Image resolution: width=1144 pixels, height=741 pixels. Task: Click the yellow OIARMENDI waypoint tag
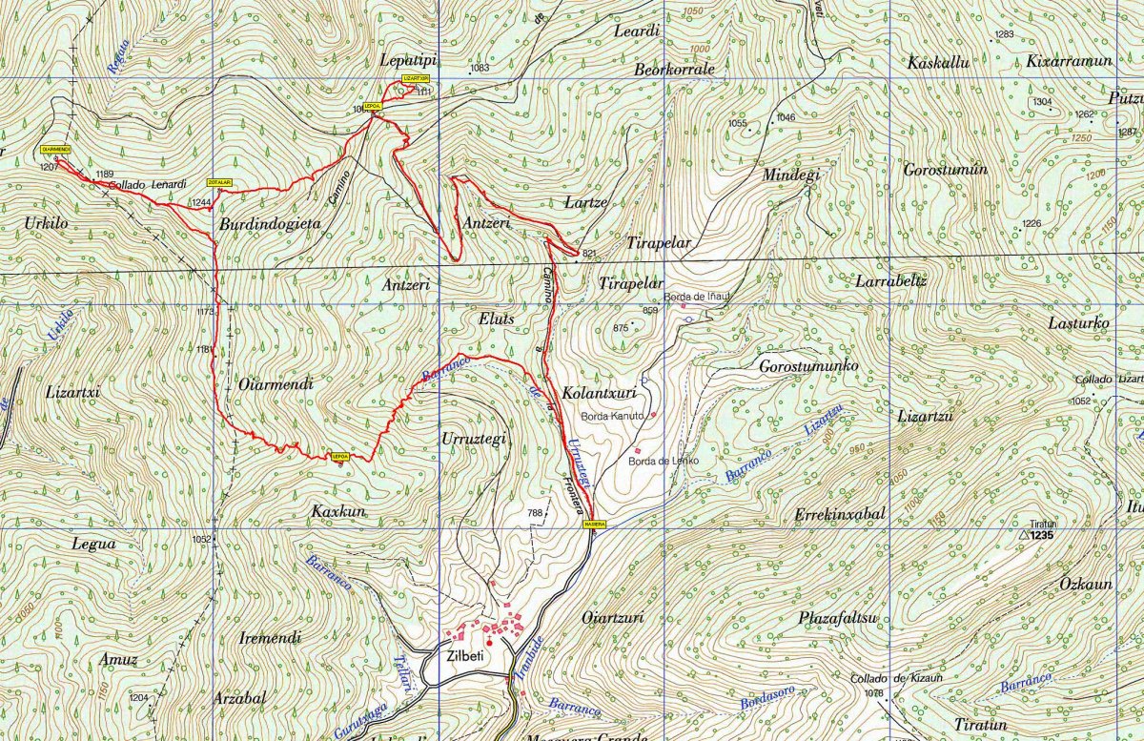coord(56,149)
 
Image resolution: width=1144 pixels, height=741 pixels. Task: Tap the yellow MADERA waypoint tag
coord(592,523)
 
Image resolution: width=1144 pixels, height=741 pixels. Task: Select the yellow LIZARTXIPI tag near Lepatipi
coord(416,77)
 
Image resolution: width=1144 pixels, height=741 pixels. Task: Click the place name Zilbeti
coord(466,656)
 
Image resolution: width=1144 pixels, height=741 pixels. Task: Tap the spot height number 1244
coord(200,202)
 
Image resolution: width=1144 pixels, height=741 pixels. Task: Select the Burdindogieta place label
coord(269,225)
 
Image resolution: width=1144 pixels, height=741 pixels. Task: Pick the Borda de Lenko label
coord(664,461)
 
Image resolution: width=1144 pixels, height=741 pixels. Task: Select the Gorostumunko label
coord(808,366)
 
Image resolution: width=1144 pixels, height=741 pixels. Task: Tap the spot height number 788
coord(535,513)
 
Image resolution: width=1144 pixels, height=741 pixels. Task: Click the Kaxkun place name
coord(338,512)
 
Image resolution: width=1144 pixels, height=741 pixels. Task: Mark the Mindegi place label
coord(791,175)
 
